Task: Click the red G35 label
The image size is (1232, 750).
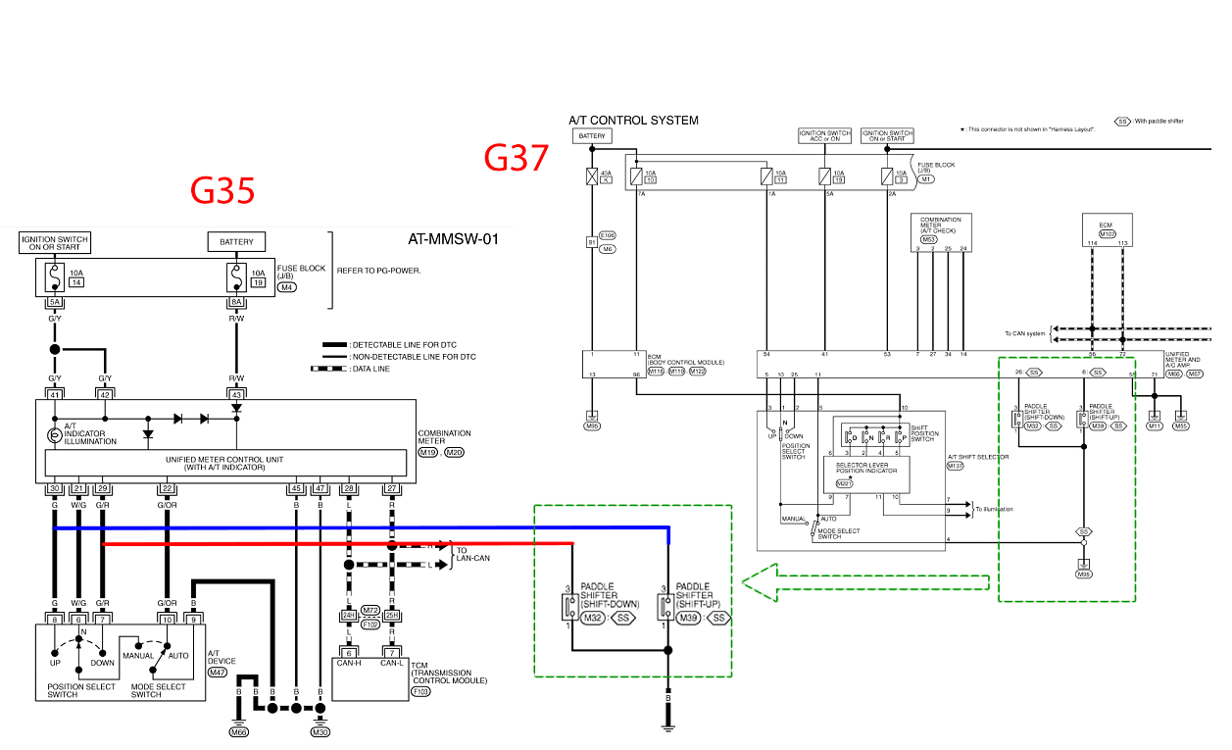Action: pos(222,191)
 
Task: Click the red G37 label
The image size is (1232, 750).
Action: pos(517,158)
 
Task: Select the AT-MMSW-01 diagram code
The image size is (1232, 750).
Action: pos(453,238)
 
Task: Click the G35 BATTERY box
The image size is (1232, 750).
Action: pos(236,242)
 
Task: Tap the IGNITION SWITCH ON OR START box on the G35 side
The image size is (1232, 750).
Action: pos(55,242)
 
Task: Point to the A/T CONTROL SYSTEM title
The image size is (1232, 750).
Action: pos(633,121)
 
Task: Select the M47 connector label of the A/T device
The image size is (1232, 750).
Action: pos(218,673)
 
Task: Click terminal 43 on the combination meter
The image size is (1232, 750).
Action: pos(236,394)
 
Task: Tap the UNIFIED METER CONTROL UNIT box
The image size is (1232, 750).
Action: pos(225,463)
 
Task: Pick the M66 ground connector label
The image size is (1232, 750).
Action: pos(239,731)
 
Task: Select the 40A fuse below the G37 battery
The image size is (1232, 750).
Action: pos(592,176)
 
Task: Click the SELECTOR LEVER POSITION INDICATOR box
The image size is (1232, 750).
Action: pos(866,475)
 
